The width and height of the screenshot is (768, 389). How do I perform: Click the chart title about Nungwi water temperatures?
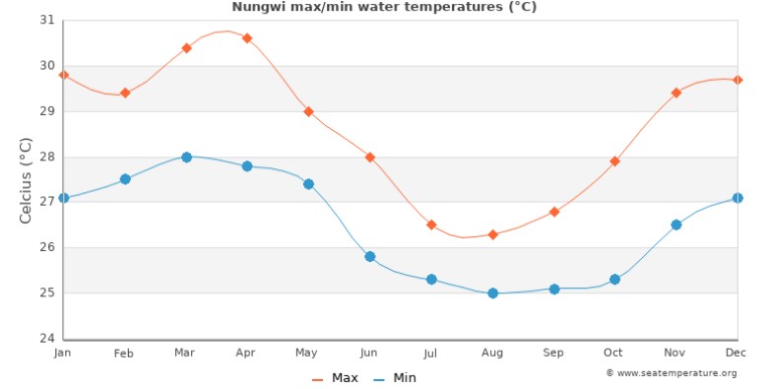pyautogui.click(x=384, y=7)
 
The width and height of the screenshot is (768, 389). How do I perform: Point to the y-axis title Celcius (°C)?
pyautogui.click(x=27, y=179)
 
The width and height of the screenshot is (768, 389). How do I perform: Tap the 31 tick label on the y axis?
pyautogui.click(x=46, y=21)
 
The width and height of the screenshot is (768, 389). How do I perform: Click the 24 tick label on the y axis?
pyautogui.click(x=46, y=339)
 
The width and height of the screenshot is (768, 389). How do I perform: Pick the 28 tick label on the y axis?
pyautogui.click(x=46, y=157)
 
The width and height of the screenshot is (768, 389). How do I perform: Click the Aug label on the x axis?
pyautogui.click(x=492, y=353)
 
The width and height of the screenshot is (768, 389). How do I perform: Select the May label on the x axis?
pyautogui.click(x=308, y=353)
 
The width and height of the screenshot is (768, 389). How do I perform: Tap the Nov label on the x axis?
pyautogui.click(x=675, y=353)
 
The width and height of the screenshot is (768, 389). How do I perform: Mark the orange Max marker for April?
pyautogui.click(x=247, y=38)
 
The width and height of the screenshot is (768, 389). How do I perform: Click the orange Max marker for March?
pyautogui.click(x=186, y=47)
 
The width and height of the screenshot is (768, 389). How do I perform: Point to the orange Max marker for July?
pyautogui.click(x=431, y=225)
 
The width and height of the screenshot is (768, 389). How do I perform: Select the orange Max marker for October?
pyautogui.click(x=614, y=162)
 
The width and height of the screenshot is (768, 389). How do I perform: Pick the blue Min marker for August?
pyautogui.click(x=492, y=292)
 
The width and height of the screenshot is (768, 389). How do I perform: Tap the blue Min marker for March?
pyautogui.click(x=186, y=157)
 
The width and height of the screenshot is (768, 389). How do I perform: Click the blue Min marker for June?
pyautogui.click(x=370, y=256)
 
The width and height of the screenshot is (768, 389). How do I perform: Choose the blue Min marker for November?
pyautogui.click(x=675, y=225)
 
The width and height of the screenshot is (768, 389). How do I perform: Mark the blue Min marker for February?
pyautogui.click(x=125, y=179)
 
